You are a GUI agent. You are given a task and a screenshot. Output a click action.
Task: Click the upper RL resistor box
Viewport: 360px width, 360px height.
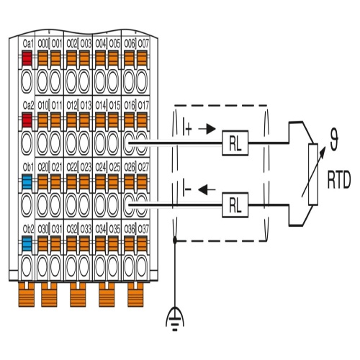tap(235, 143)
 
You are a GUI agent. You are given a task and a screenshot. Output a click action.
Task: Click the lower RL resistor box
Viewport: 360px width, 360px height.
tap(235, 205)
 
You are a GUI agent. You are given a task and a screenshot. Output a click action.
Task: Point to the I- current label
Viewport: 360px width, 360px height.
tap(186, 189)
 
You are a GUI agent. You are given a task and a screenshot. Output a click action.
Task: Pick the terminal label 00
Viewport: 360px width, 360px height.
tap(42, 44)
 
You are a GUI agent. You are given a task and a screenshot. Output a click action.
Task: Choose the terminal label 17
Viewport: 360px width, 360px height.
tap(143, 105)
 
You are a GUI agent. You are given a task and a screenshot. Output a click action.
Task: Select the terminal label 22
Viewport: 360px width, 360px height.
tap(72, 167)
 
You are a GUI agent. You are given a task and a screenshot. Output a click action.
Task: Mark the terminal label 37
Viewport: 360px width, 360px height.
tap(143, 229)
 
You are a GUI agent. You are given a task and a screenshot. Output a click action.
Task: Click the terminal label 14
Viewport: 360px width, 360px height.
tap(101, 105)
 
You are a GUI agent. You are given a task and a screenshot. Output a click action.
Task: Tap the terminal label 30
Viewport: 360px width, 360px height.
tap(42, 229)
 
